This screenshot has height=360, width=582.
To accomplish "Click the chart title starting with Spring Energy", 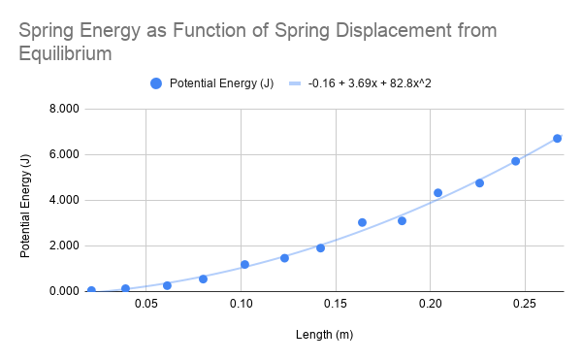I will tap(258, 42).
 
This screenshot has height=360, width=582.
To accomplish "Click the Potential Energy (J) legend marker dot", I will tap(156, 83).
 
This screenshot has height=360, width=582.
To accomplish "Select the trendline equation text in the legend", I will tap(370, 83).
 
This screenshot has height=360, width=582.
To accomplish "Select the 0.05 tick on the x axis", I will tap(145, 305).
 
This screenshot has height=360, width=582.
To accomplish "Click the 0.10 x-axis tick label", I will tap(241, 305).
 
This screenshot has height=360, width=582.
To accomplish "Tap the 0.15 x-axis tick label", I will tap(335, 305).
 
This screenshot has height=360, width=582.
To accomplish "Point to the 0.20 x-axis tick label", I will tap(430, 305).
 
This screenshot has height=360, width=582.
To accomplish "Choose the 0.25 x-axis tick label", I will tap(525, 305).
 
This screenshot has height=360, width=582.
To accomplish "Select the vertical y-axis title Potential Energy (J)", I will tap(26, 200).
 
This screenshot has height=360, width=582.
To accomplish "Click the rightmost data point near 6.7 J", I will tap(557, 138).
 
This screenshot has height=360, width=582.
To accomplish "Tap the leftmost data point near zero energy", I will tap(91, 290).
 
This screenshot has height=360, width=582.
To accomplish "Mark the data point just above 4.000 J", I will tap(437, 192).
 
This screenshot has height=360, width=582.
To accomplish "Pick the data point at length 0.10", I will tap(244, 264).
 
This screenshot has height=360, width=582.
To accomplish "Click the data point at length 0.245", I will tap(515, 161).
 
